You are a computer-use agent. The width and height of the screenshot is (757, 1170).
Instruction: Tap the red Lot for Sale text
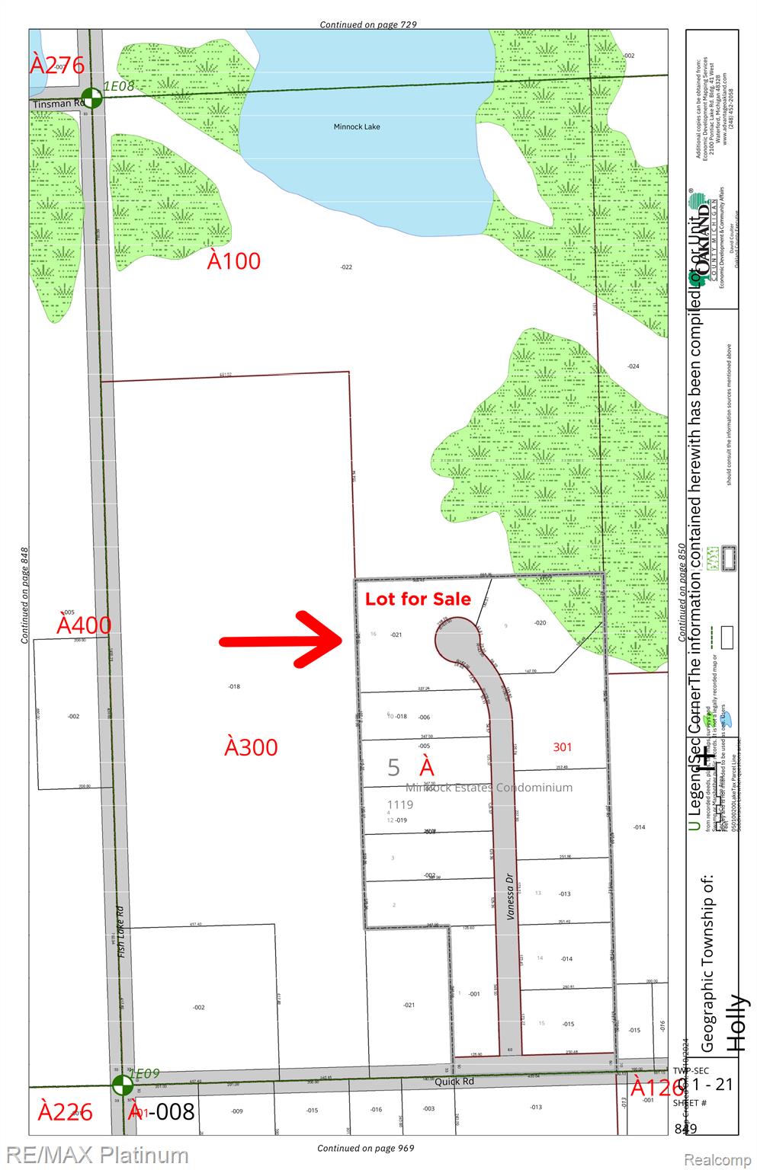(418, 599)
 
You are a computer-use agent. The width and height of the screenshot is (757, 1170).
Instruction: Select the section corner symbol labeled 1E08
(91, 97)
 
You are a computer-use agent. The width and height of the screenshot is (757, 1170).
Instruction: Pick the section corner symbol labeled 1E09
(120, 1085)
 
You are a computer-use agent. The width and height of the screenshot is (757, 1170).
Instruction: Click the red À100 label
(234, 261)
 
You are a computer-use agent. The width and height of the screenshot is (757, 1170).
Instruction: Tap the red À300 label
(251, 747)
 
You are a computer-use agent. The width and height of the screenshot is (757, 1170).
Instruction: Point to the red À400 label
(84, 625)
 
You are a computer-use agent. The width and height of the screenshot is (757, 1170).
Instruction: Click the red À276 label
(57, 65)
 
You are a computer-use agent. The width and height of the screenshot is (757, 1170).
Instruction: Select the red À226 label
(66, 1112)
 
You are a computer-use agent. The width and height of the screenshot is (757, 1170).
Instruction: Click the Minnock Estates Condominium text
(489, 788)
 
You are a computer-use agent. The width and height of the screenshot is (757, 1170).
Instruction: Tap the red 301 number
(562, 747)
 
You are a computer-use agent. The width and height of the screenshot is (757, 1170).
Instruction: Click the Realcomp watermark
(717, 1159)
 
